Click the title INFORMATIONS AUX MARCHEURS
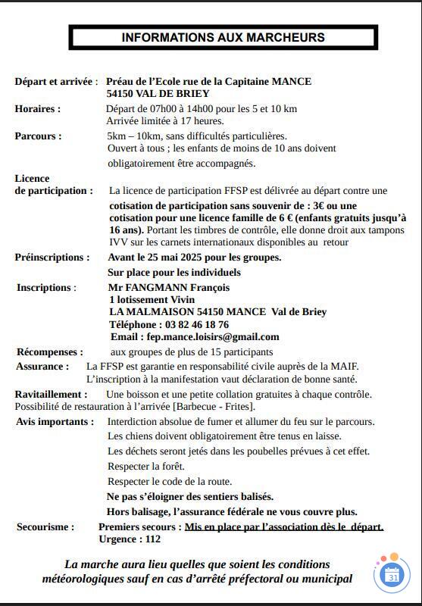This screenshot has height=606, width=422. coord(223,37)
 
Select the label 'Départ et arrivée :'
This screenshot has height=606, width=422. coord(56,81)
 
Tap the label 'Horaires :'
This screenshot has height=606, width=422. coord(38,108)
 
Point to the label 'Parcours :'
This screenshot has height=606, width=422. coord(38,136)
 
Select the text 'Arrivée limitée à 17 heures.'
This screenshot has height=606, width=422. coord(165,121)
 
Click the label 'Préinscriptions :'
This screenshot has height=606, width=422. coord(52,257)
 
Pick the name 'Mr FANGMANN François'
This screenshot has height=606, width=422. coord(169,287)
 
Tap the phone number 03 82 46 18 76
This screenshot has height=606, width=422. coord(186,324)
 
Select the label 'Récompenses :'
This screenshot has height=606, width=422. coord(50,351)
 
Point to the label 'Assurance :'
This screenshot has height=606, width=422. coord(42,366)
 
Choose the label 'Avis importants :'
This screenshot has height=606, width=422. coord(55,421)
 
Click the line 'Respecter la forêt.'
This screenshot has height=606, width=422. coord(146,466)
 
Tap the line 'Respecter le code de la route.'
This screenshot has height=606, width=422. coord(170,481)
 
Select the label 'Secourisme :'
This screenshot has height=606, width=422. coord(45,526)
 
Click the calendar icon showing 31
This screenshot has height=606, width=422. coord(392,575)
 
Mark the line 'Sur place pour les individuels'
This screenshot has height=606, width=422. coord(174,272)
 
